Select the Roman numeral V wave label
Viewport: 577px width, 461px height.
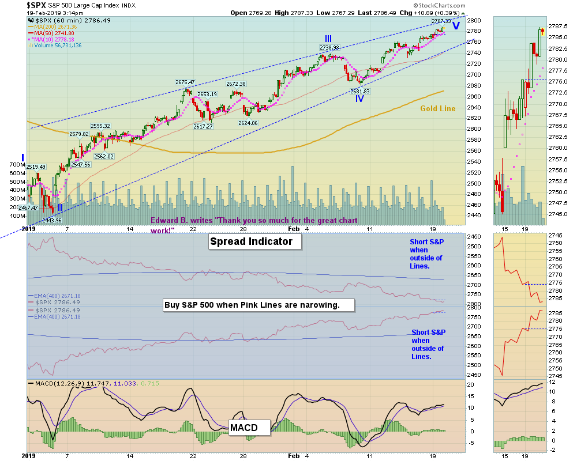coord(456,26)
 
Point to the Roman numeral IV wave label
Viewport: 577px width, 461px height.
coord(359,99)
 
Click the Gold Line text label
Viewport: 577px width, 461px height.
coord(437,108)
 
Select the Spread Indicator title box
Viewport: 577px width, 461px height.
coord(254,242)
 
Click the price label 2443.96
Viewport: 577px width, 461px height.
coord(51,220)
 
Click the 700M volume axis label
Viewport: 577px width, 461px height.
coord(17,165)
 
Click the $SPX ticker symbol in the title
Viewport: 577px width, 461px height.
coord(36,5)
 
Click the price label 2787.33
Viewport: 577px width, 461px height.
coord(441,21)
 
